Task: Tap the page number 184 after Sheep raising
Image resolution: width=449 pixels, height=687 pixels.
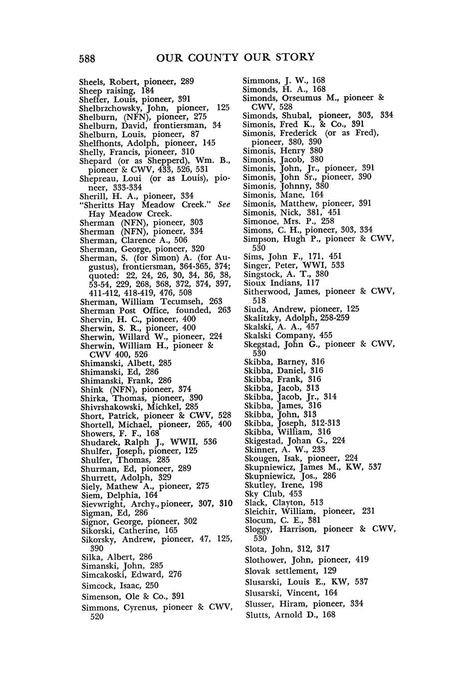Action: tap(147, 91)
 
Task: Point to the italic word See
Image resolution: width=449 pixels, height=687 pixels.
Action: tap(224, 205)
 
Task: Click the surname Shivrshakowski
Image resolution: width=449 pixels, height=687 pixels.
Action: tap(109, 407)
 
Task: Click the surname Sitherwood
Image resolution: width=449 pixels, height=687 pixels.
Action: tap(266, 291)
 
